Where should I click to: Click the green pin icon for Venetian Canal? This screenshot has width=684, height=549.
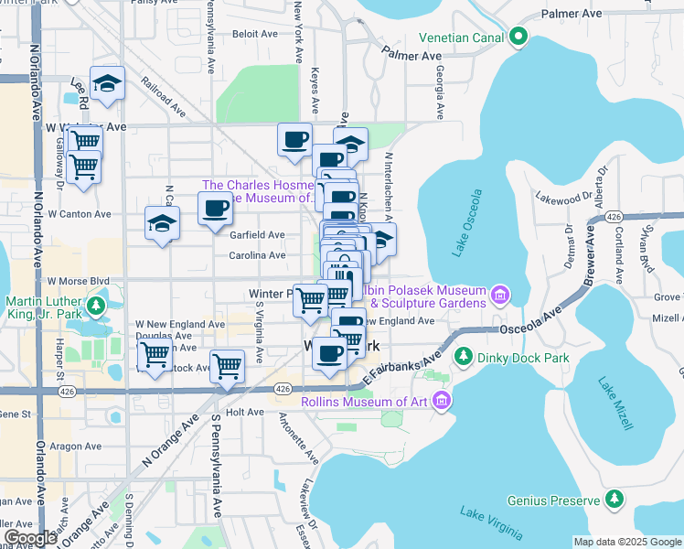click(x=519, y=38)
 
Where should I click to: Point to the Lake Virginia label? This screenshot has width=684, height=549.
click(x=491, y=522)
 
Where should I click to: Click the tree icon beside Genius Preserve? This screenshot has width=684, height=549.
click(x=615, y=500)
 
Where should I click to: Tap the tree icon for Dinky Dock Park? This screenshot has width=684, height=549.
click(x=465, y=355)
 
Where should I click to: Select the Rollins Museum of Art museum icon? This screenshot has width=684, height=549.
click(x=441, y=399)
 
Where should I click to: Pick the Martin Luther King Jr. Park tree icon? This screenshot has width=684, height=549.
click(x=96, y=303)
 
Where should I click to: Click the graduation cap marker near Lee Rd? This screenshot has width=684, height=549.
click(x=108, y=83)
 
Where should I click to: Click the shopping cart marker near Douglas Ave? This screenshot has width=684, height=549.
click(x=154, y=353)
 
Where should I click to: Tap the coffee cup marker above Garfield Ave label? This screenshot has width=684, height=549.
click(x=216, y=209)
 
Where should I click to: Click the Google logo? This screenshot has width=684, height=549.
click(x=30, y=538)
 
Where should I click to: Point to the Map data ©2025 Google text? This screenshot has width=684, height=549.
click(x=626, y=542)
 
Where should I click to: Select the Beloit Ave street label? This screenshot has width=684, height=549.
click(x=255, y=33)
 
